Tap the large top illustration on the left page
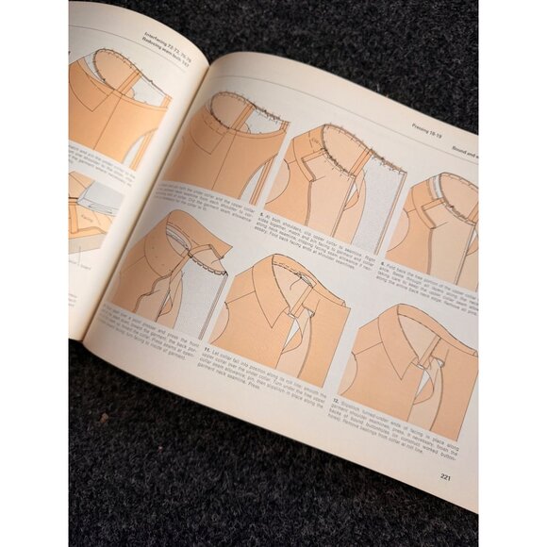pos(118,104)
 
